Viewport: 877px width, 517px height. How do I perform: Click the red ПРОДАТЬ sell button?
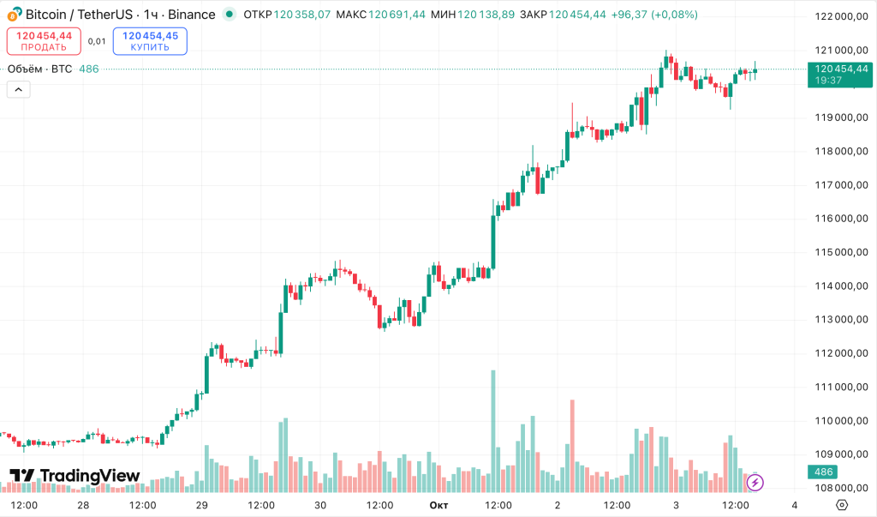(x=44, y=41)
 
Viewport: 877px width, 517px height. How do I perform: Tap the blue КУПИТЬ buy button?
(x=150, y=41)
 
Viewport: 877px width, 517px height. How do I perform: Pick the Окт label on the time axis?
(x=438, y=505)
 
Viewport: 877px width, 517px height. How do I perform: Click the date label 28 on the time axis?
(x=83, y=505)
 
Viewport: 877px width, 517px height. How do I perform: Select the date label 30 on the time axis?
(x=320, y=505)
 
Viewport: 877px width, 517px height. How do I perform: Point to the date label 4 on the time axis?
(x=795, y=505)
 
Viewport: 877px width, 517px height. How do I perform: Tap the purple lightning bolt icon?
(x=755, y=483)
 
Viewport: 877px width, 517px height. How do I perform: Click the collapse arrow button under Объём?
(x=18, y=89)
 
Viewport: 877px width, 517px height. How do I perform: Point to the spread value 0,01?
(x=97, y=41)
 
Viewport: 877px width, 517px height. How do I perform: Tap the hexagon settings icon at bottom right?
(x=842, y=504)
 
